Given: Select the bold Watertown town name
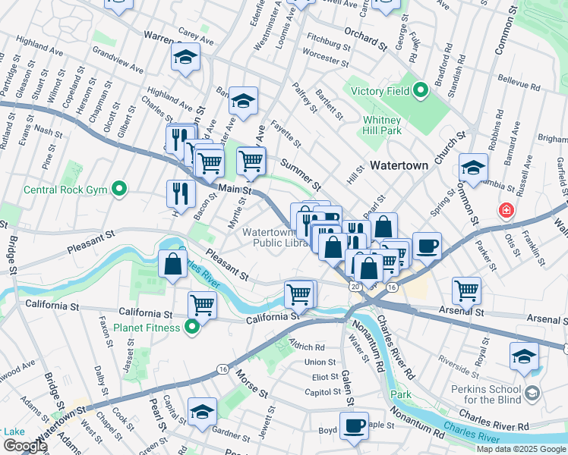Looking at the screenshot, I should point(400,164).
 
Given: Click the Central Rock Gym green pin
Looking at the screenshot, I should point(119,189).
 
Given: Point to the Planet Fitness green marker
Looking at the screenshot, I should point(192,328).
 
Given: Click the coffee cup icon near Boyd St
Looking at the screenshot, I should point(353,425).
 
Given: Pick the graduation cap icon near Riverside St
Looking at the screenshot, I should point(525,356).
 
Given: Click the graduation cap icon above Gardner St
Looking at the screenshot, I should point(203,412).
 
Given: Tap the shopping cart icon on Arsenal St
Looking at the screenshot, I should point(466,289).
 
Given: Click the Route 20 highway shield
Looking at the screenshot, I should point(355,287).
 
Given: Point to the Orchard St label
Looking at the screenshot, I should point(360,35).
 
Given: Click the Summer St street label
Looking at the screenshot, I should point(301,174).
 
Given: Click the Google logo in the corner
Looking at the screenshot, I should point(24,446).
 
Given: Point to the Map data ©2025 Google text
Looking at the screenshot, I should point(520,449).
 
